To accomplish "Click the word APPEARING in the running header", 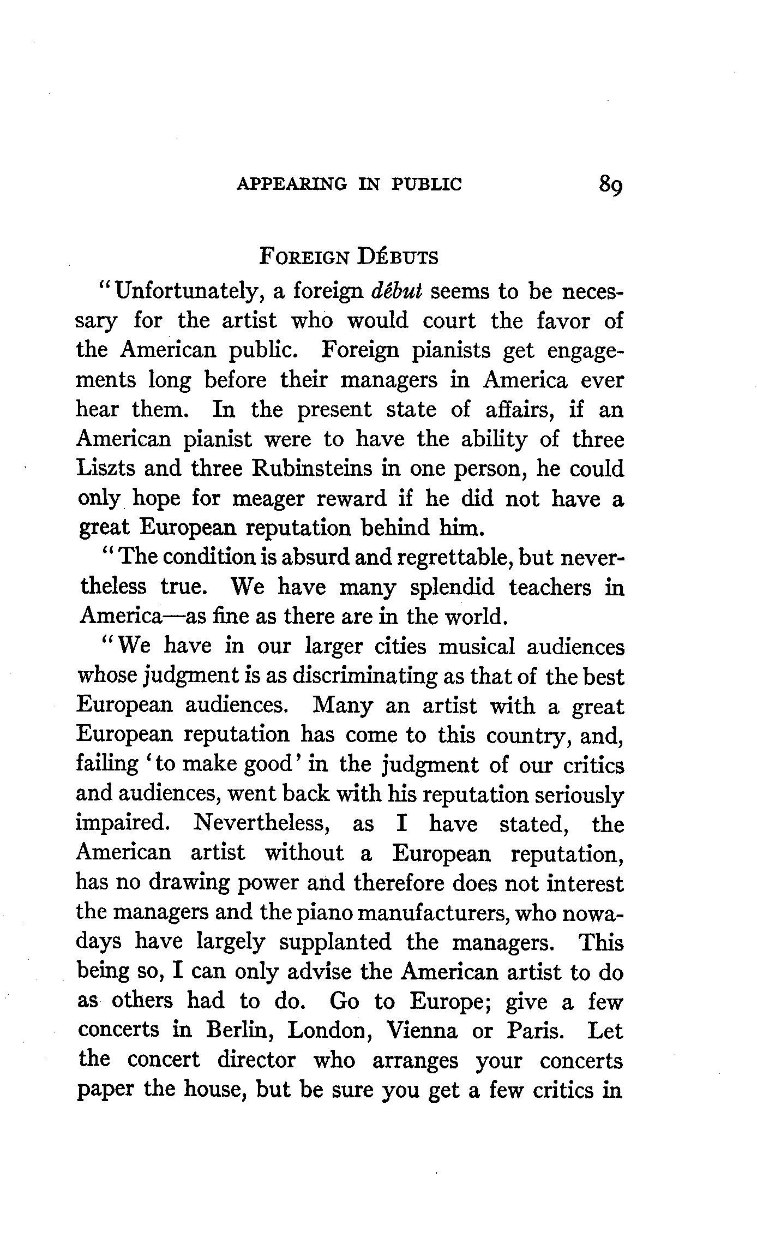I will click(x=291, y=184).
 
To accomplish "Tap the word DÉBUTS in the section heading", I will click(x=398, y=256).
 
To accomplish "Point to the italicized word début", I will click(x=396, y=291).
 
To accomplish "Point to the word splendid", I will click(x=452, y=587).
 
